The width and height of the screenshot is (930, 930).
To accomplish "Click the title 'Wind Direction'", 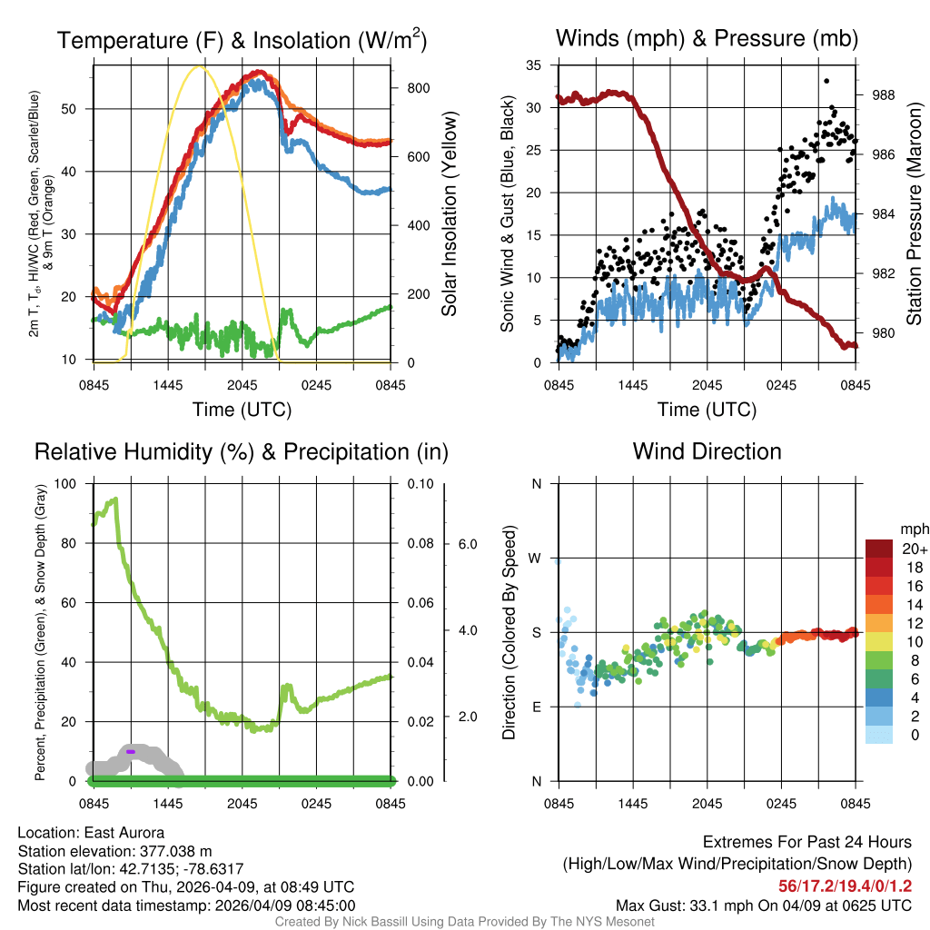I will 707,451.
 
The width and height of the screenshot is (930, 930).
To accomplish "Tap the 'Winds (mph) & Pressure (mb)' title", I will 707,39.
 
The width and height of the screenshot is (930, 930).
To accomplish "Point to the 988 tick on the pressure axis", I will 883,94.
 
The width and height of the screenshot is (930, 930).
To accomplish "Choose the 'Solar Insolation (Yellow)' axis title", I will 450,214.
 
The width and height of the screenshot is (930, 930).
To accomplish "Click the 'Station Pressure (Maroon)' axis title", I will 915,214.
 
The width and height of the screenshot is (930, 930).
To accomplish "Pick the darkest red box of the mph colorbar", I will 882,549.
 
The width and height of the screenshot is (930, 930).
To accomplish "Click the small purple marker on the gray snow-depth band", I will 130,752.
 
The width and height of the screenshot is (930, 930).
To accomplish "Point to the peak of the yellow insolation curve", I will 201,67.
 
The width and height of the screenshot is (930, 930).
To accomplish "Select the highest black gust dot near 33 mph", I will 826,81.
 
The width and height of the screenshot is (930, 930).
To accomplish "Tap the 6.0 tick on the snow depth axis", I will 467,544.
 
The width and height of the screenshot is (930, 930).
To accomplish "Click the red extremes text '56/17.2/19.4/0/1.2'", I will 845,885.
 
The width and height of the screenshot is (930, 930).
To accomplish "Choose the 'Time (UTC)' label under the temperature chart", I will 242,410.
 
